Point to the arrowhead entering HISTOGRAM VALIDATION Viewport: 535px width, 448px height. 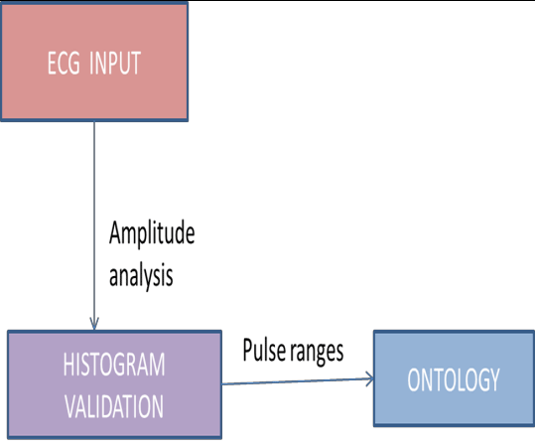point(93,324)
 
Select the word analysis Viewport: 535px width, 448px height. point(140,274)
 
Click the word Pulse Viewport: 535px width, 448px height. point(263,350)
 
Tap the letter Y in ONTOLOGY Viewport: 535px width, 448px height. point(494,380)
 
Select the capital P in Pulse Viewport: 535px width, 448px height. point(247,350)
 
